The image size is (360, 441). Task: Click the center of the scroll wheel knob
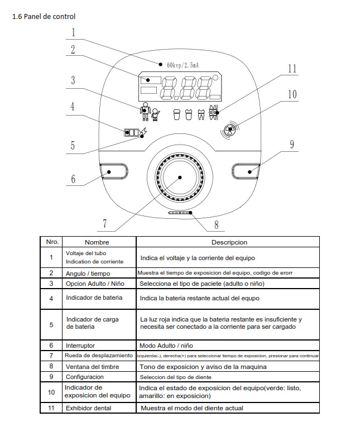point(180,177)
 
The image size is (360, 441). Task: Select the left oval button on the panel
point(114,172)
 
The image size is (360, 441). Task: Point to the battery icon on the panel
point(132,133)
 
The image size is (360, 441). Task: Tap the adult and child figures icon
point(149,113)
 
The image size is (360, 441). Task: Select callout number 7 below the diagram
point(104,223)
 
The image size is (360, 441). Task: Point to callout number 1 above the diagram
point(73,31)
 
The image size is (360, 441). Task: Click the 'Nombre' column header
point(97,242)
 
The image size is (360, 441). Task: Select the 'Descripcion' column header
point(229,242)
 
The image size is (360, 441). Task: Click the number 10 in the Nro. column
point(51,392)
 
